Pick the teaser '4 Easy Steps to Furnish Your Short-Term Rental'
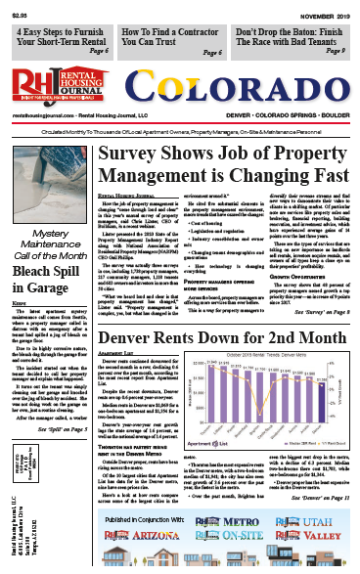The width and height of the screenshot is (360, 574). pos(62,38)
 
